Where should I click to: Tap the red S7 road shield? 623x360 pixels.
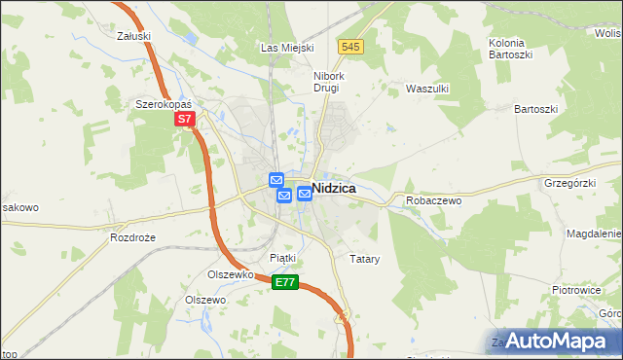[x=186, y=120]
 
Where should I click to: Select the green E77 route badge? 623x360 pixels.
[x=284, y=282]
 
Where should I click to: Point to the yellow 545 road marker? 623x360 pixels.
[x=351, y=47]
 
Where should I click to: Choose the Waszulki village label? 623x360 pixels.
[x=425, y=88]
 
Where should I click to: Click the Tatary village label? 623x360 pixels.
[x=364, y=260]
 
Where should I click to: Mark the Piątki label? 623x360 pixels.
[x=282, y=257]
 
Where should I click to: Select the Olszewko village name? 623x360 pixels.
[x=231, y=274]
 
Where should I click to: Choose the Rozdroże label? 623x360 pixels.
[x=133, y=237]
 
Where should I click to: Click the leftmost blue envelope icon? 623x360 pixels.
[x=275, y=180]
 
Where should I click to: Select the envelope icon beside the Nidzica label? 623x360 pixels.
[x=304, y=193]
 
